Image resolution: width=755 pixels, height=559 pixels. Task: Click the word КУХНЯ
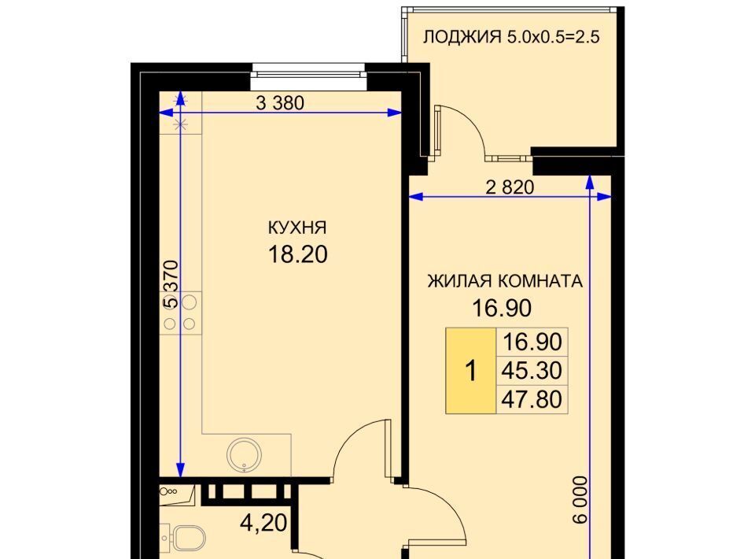tap(297, 227)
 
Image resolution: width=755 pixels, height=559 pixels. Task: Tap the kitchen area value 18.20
tap(297, 254)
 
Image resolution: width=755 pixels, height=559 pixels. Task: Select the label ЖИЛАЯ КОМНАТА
tap(505, 281)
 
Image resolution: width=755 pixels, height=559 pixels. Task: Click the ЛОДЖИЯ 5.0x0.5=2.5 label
tap(511, 37)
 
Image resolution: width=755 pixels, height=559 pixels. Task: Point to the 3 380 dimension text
tap(280, 102)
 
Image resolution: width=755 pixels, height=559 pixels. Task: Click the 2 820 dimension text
tap(510, 187)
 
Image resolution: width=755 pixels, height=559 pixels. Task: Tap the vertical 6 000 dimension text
tap(580, 500)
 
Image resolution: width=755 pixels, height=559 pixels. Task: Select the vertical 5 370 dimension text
tap(171, 284)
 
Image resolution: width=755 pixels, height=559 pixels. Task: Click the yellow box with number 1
tap(471, 371)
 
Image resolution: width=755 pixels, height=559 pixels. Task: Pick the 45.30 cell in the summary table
tap(532, 371)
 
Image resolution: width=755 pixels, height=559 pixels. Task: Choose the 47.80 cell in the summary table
tap(532, 399)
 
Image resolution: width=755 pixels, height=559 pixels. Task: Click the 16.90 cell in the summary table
tap(532, 342)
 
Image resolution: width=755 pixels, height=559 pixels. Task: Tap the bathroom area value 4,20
tap(263, 522)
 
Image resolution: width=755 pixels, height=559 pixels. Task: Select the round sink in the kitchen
tap(245, 455)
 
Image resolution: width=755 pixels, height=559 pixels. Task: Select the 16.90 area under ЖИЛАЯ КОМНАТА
tap(502, 308)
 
